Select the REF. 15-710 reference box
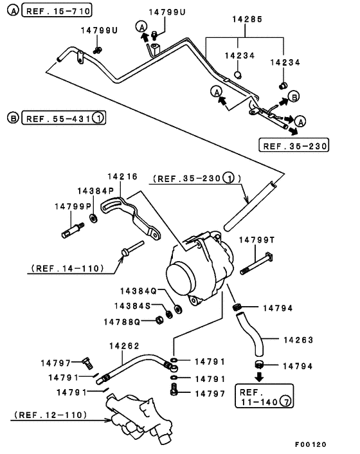pos(57,10)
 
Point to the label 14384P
pos(95,191)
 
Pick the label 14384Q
pos(136,291)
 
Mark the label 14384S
pos(132,305)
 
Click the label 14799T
pos(257,240)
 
